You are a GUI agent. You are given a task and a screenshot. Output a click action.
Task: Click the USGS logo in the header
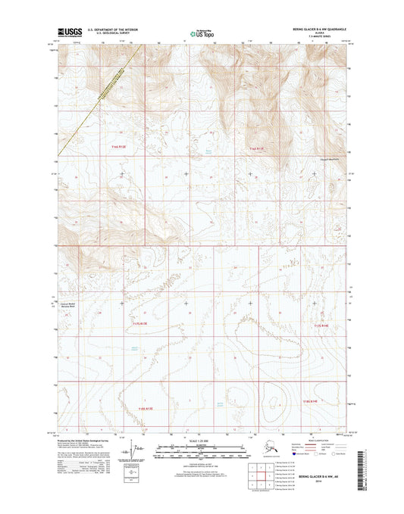click(x=70, y=32)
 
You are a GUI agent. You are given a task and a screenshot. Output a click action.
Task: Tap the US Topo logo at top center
click(x=201, y=33)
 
